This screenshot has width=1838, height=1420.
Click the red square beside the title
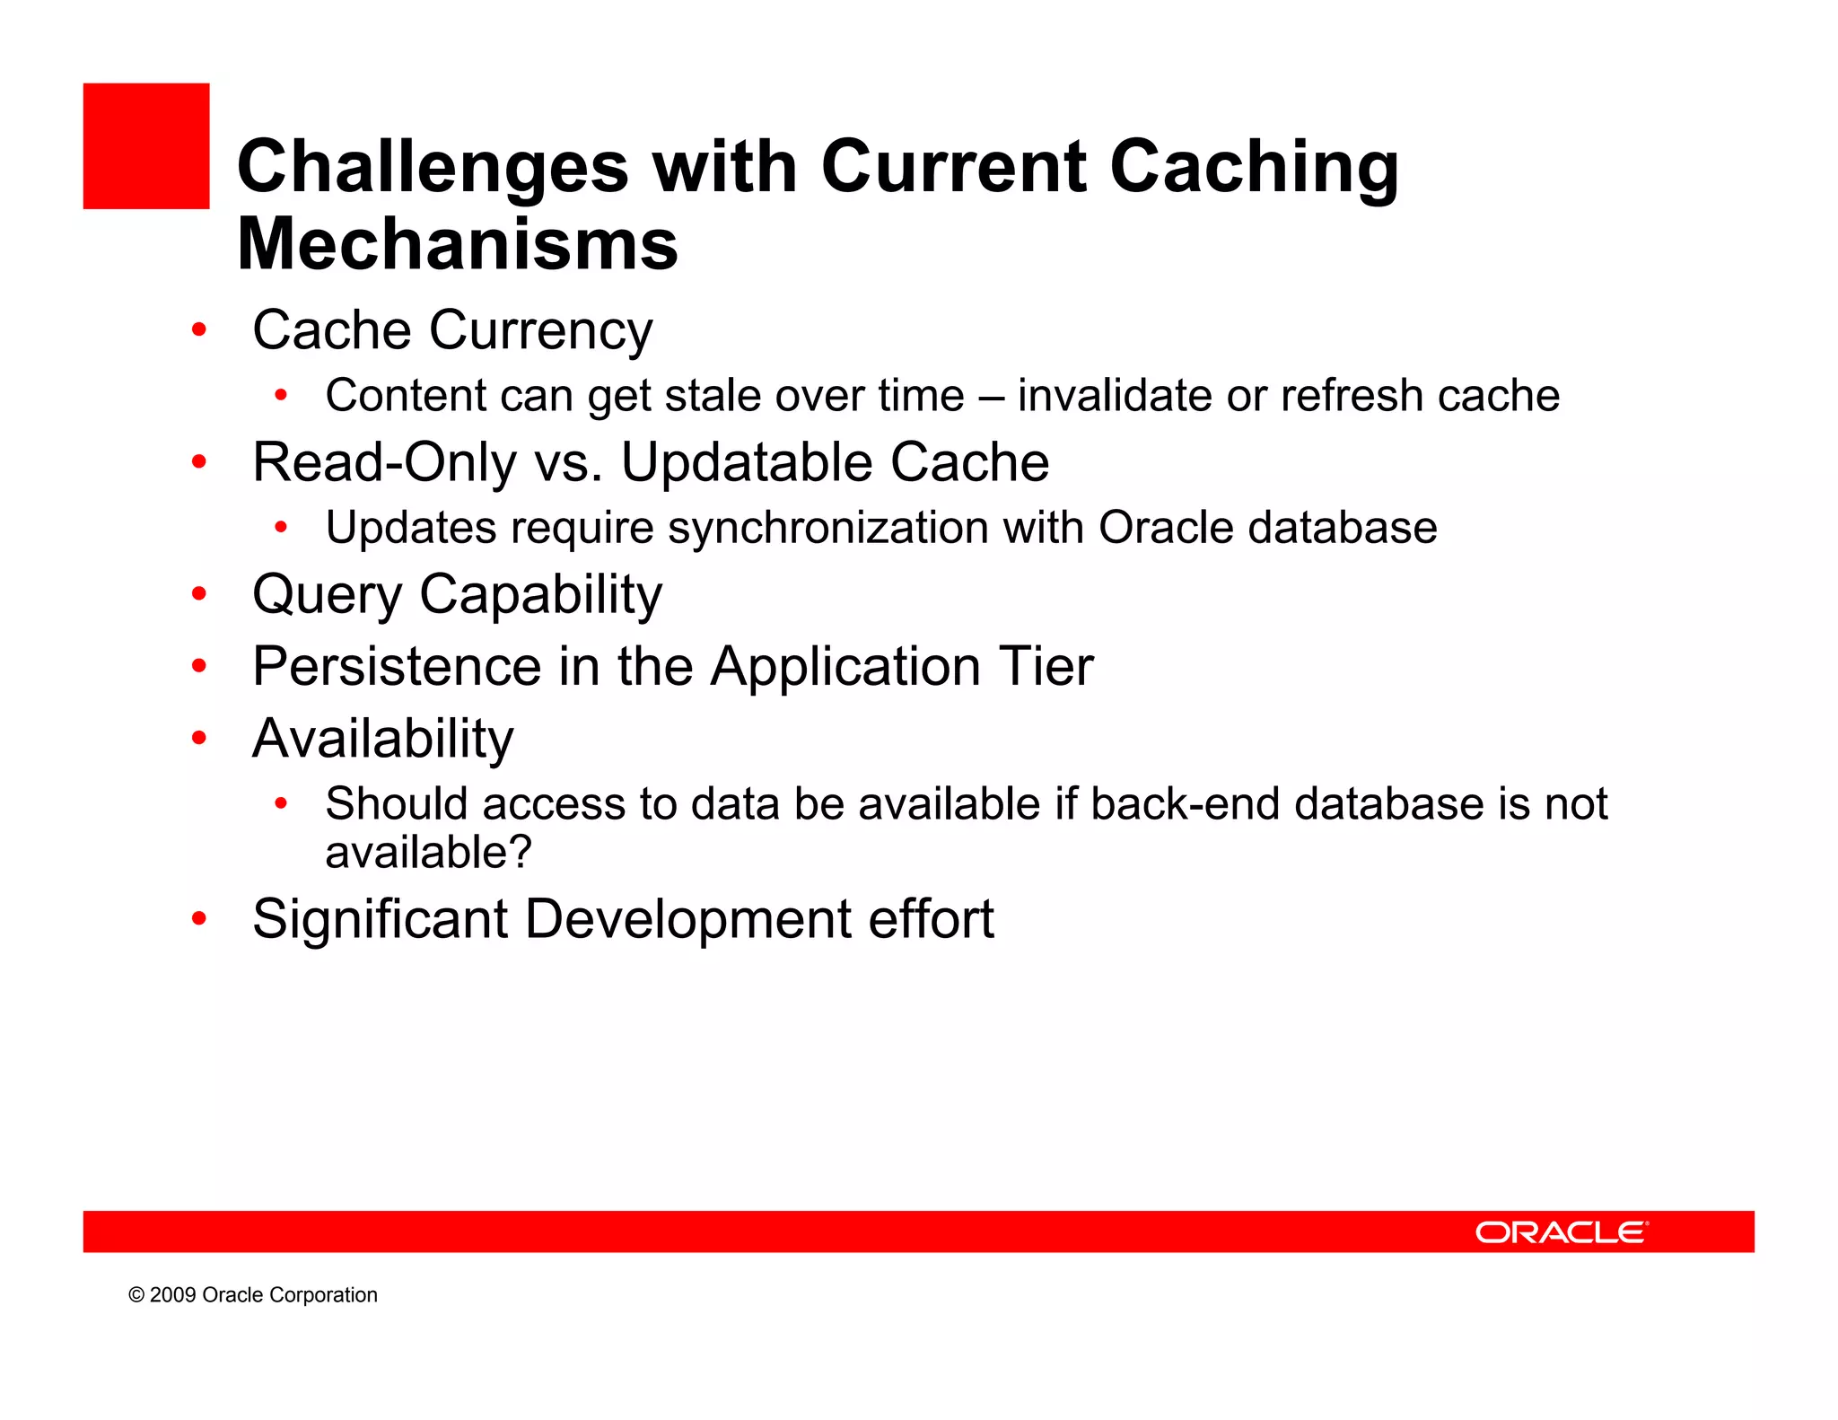[x=146, y=146]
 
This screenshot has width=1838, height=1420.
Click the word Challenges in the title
[x=433, y=168]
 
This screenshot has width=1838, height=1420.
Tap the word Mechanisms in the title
[x=457, y=244]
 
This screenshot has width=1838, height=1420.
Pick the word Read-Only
[x=384, y=463]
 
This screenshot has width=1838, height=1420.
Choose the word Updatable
[x=747, y=463]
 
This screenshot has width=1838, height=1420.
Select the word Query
[x=328, y=596]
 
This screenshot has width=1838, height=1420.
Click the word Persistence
[x=397, y=667]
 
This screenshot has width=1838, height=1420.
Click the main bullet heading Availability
[x=383, y=740]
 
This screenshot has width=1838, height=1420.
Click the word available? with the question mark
[x=428, y=852]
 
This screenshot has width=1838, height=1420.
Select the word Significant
[x=381, y=920]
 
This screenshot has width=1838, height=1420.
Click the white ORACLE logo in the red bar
[x=1561, y=1232]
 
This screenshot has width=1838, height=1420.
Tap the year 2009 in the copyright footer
[x=172, y=1295]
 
